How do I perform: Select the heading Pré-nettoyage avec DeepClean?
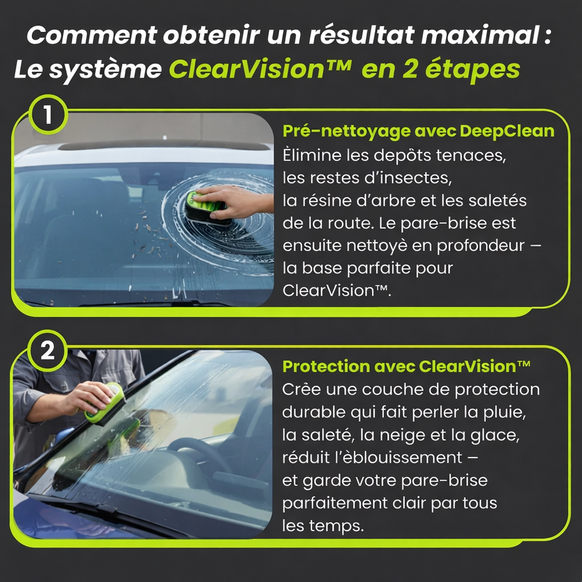pos(418,131)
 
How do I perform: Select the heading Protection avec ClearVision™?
pos(406,367)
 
